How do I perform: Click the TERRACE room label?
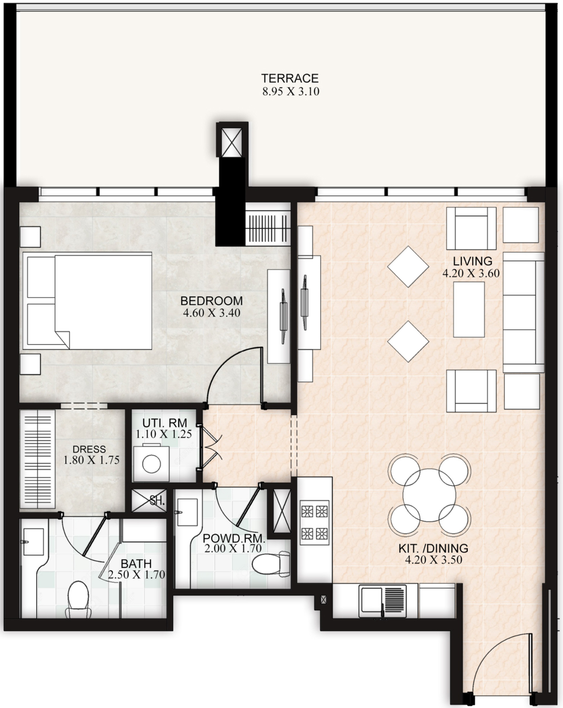(290, 78)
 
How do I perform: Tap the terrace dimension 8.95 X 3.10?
(291, 91)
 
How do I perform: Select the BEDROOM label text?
(212, 300)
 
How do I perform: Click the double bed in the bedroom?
(87, 300)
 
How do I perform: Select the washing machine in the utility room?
(151, 463)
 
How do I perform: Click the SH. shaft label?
(157, 501)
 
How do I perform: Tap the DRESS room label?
(89, 449)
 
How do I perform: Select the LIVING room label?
(472, 261)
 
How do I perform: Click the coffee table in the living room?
(469, 309)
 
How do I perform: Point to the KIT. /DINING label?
(433, 548)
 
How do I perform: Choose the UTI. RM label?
(165, 423)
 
